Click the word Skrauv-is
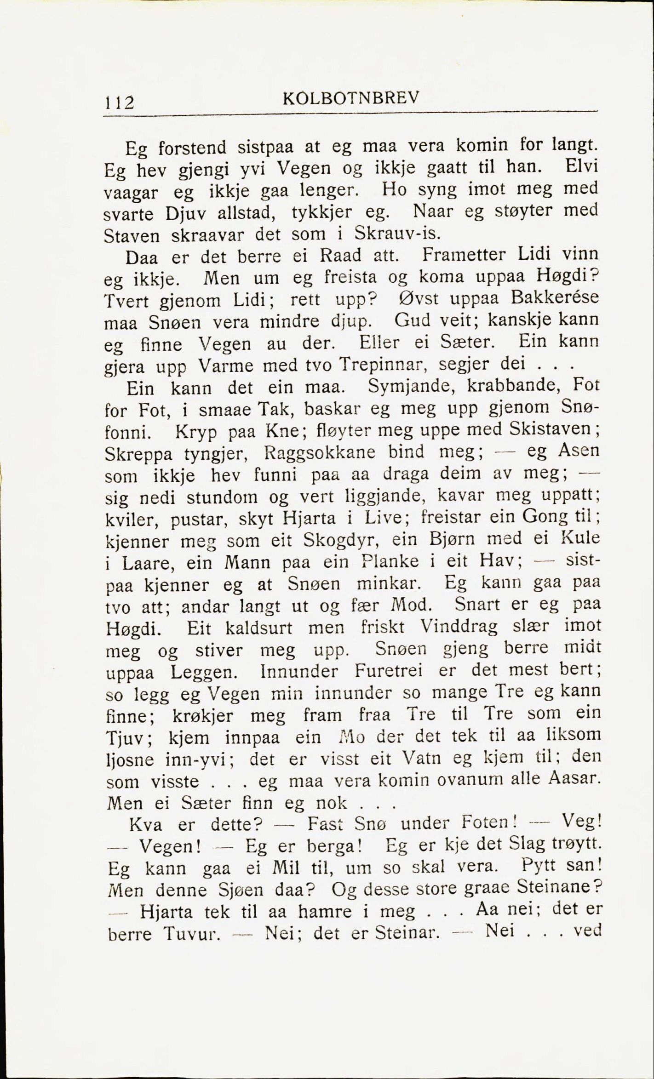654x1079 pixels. pos(397,233)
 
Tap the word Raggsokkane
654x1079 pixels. pos(320,452)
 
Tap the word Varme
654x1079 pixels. pos(226,366)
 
